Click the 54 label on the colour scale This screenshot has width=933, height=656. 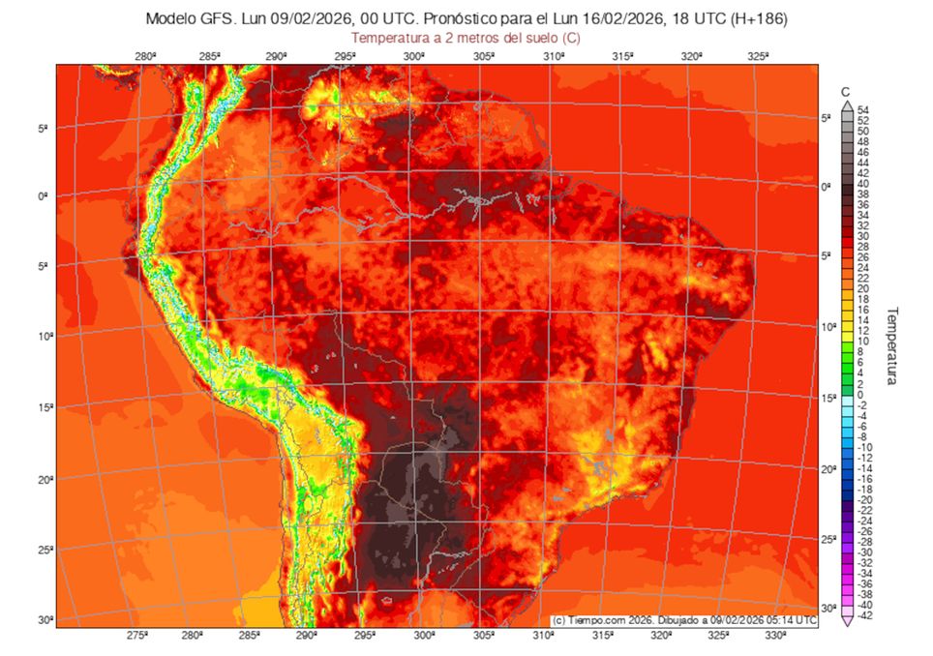click(862, 110)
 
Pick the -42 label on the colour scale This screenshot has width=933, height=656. click(864, 614)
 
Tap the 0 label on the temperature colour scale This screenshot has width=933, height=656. click(860, 394)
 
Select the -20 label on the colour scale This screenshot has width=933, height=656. click(864, 499)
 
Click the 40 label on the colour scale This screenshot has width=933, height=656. click(862, 184)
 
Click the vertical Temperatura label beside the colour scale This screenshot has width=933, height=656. click(892, 345)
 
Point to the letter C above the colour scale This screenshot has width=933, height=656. click(846, 92)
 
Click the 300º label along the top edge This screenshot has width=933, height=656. click(415, 57)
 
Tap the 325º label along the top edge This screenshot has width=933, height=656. click(760, 57)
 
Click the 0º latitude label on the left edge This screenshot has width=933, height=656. click(44, 196)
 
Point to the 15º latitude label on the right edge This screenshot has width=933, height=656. click(828, 398)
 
